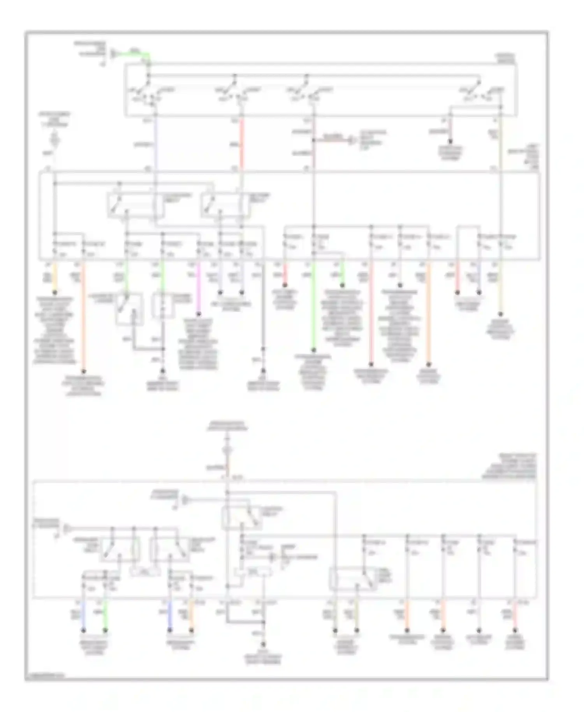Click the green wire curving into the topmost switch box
(x=134, y=54)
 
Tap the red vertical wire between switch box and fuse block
(x=241, y=144)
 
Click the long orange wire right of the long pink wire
(x=428, y=312)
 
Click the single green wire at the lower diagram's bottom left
(x=105, y=615)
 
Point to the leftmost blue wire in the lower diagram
(x=83, y=615)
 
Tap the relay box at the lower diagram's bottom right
(x=353, y=579)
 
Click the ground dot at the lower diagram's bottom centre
(x=263, y=645)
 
